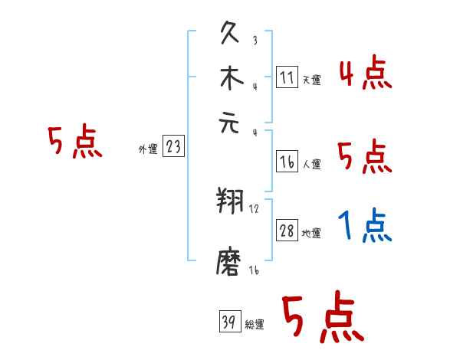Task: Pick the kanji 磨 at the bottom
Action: (x=232, y=263)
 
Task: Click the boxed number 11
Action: (x=286, y=77)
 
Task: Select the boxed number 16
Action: (x=286, y=161)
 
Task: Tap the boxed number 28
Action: (x=287, y=231)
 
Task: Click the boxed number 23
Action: (x=173, y=146)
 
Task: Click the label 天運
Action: (x=311, y=80)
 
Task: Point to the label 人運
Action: (x=311, y=164)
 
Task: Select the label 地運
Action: (x=311, y=234)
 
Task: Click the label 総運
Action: (x=255, y=325)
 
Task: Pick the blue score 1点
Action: (x=365, y=227)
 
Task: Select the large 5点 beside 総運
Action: (x=322, y=319)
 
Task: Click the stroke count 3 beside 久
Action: (x=255, y=41)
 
